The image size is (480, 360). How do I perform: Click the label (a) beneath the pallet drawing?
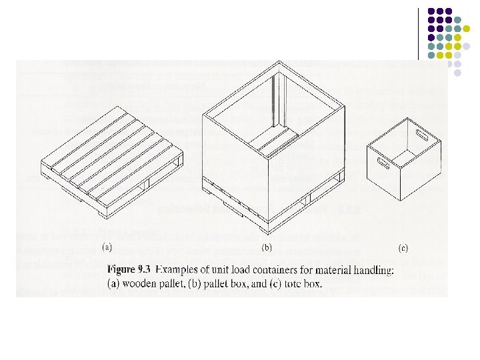tap(106, 247)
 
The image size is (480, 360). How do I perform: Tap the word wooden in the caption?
tap(135, 283)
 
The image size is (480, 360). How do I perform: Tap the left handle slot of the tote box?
tap(381, 162)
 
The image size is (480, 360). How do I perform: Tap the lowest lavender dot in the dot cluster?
tap(458, 73)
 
